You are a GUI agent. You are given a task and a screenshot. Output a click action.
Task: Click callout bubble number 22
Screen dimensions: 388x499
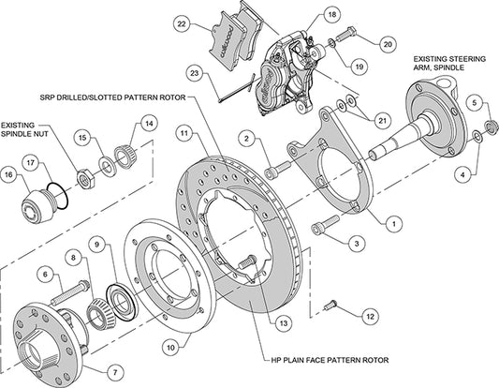coord(182,23)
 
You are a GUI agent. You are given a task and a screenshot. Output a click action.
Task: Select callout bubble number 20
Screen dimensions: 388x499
coord(389,43)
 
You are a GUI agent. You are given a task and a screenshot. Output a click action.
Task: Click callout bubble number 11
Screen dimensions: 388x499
coord(185,134)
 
